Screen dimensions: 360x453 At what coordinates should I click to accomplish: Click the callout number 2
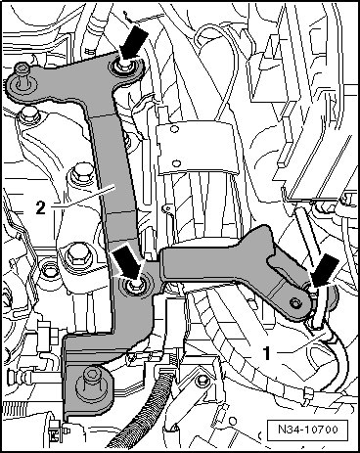tap(40, 207)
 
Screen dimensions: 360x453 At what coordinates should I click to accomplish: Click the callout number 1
tap(267, 353)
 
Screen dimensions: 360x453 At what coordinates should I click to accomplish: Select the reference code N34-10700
tap(308, 429)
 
